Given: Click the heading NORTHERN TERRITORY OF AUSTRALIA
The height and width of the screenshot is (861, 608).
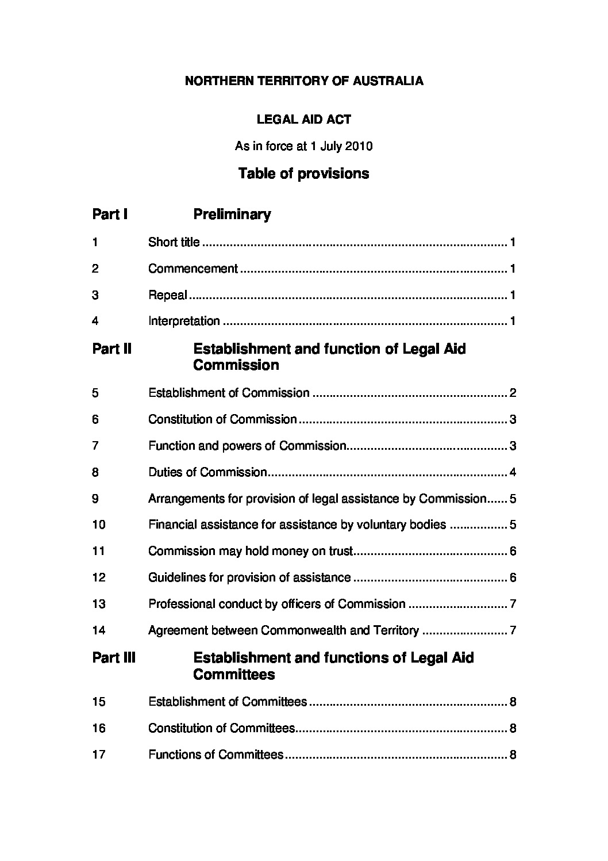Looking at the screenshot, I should [x=304, y=81].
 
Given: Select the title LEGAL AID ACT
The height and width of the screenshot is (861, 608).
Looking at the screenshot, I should [x=303, y=120].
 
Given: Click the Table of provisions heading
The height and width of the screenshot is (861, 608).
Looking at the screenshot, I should [x=303, y=174].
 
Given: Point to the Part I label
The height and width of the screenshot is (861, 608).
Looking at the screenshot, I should [x=110, y=215].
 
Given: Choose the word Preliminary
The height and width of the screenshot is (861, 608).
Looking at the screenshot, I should [x=232, y=215].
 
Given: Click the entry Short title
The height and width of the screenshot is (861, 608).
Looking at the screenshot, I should [x=174, y=242].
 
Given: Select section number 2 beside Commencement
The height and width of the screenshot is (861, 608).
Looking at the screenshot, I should [x=95, y=269].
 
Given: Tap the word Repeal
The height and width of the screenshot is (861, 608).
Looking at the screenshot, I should [x=168, y=295].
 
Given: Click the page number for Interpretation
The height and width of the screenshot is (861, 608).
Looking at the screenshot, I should [x=512, y=321].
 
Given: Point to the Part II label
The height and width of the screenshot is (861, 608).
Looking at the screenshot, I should [x=111, y=349].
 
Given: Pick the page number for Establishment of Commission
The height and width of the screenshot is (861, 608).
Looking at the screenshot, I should [x=513, y=393].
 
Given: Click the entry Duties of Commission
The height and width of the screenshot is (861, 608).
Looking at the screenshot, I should [x=207, y=473].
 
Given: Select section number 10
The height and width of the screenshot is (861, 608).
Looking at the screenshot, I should [x=98, y=525].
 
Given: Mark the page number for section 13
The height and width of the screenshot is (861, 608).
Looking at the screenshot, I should [x=513, y=604].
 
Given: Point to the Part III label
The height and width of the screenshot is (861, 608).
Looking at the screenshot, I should [x=114, y=658].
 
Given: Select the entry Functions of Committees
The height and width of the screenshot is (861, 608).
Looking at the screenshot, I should [x=216, y=755].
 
